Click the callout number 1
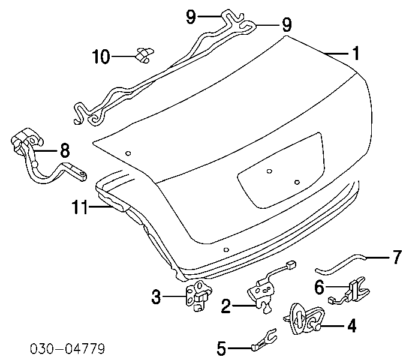(x=356, y=53)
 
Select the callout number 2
(x=226, y=306)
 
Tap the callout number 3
(x=156, y=297)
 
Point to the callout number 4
(x=352, y=326)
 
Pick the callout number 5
(x=221, y=348)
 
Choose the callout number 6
(x=319, y=287)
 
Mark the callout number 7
(x=397, y=257)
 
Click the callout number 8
(x=65, y=151)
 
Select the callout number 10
(x=101, y=56)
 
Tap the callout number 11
(x=80, y=207)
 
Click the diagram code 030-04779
(x=67, y=349)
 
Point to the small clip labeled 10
(x=145, y=55)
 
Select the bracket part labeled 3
(x=199, y=295)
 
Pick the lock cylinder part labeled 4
(x=305, y=318)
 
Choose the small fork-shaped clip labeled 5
(x=264, y=340)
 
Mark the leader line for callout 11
(x=101, y=207)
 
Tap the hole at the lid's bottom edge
(x=227, y=250)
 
